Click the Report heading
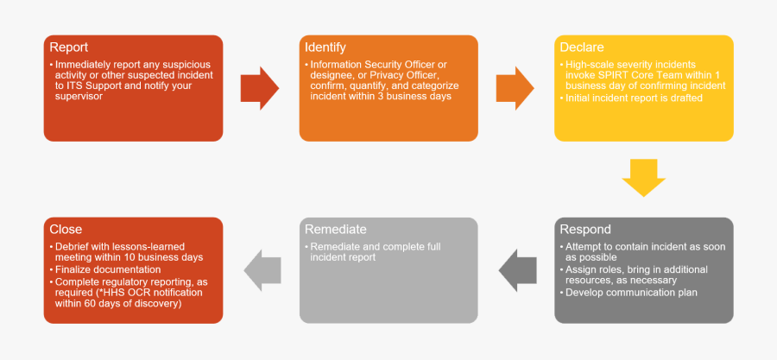(x=69, y=47)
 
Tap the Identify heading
(x=325, y=47)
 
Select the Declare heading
(x=582, y=47)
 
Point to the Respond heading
(x=585, y=230)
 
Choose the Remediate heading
(x=336, y=230)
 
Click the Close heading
(x=66, y=230)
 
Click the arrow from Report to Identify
(x=259, y=88)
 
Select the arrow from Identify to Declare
(x=515, y=88)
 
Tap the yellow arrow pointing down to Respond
(x=644, y=178)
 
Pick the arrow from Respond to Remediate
(x=518, y=270)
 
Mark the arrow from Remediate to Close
(x=263, y=270)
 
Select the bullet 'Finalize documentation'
(x=107, y=269)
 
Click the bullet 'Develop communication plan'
(x=631, y=293)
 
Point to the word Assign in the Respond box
(x=582, y=270)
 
